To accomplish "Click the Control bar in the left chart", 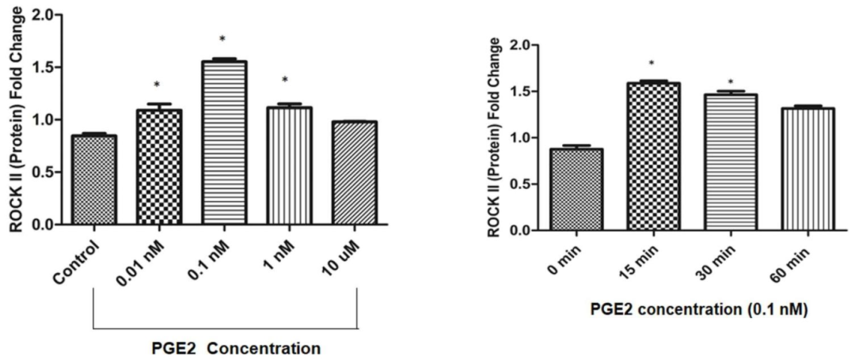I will pos(93,180).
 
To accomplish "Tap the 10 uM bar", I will pos(354,172).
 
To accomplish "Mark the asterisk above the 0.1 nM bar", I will pos(223,39).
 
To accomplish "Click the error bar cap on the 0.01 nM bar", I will pos(158,104).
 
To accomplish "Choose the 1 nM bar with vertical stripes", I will pos(289,166).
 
